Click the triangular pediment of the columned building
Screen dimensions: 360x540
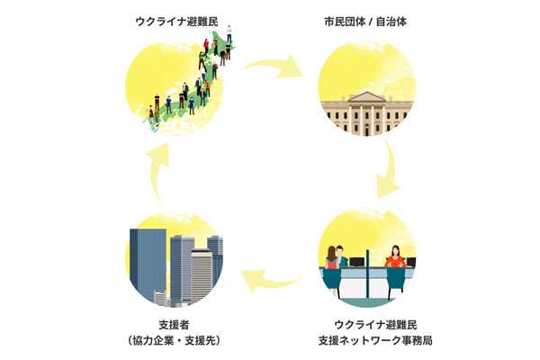(367, 97)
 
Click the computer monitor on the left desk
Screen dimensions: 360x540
(356, 263)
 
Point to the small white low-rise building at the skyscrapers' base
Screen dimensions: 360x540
(160, 297)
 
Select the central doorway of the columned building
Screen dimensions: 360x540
(367, 121)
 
